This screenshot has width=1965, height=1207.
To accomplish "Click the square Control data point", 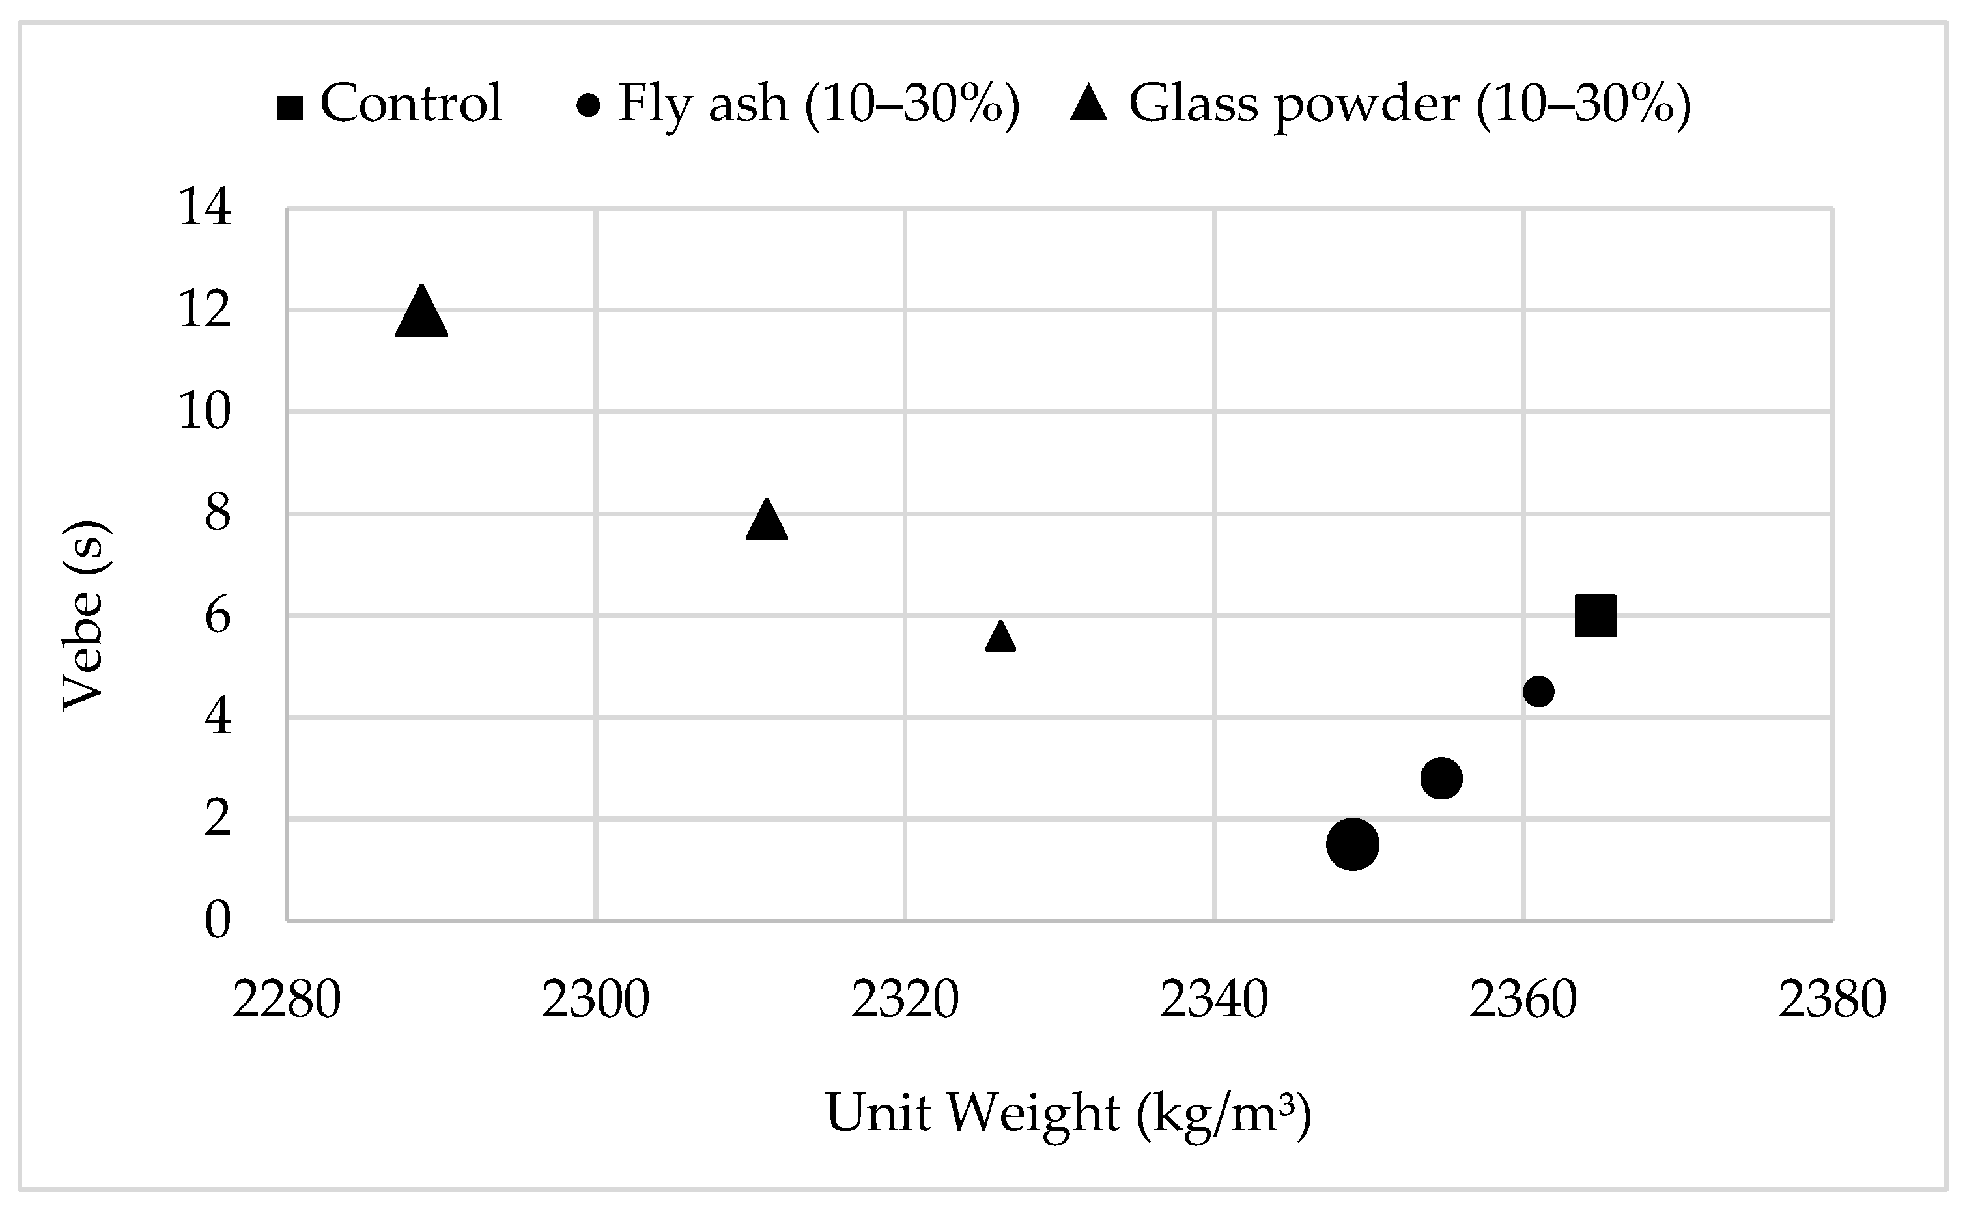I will (x=1595, y=615).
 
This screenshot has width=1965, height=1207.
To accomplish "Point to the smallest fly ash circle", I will (x=1538, y=691).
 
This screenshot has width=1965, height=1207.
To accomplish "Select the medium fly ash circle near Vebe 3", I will (x=1441, y=779).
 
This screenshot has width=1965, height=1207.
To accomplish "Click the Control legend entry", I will (x=389, y=104).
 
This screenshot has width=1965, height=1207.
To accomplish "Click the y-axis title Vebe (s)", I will (x=85, y=615).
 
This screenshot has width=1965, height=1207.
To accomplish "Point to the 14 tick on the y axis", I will (x=205, y=208).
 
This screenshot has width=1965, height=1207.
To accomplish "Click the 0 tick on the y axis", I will (x=217, y=920).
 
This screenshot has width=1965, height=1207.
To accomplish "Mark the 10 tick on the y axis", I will (x=205, y=412).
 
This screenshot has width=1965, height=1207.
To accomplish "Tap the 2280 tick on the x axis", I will (x=287, y=999).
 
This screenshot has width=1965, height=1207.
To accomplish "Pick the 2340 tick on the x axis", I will (x=1213, y=999).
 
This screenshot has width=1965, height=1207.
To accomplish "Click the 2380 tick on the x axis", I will (x=1832, y=999).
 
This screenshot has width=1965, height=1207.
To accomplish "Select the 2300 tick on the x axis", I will (x=596, y=999).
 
